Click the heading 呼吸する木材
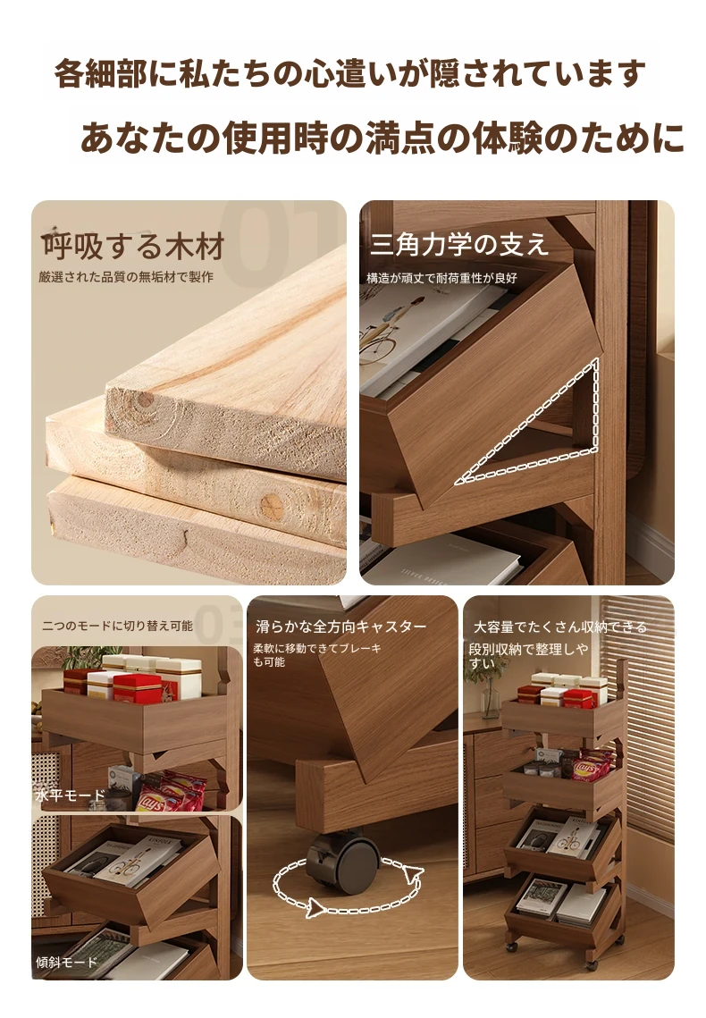(133, 247)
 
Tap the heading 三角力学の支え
(459, 245)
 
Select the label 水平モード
(70, 795)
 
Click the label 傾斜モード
(66, 962)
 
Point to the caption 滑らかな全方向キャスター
(340, 627)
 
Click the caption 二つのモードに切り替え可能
(117, 626)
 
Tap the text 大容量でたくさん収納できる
(560, 627)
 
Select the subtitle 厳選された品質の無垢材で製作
(126, 277)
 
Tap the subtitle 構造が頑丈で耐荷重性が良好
(441, 278)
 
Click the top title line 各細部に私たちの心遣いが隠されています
(349, 73)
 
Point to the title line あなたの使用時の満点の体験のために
(382, 138)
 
